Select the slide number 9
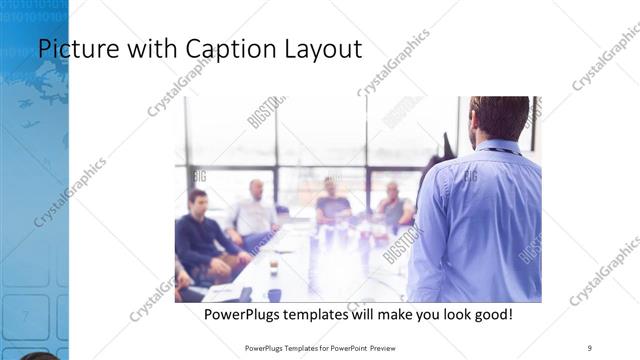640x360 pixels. tap(589, 347)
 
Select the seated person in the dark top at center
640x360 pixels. tap(333, 206)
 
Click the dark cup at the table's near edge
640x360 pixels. tap(274, 294)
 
